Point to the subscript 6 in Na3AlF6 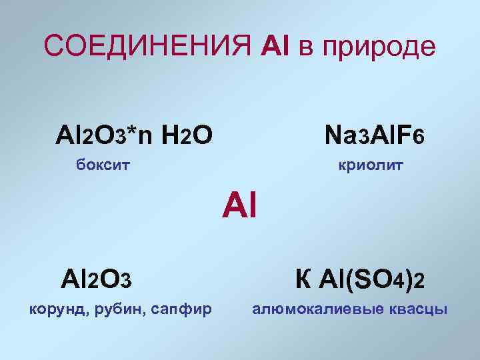(x=419, y=139)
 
